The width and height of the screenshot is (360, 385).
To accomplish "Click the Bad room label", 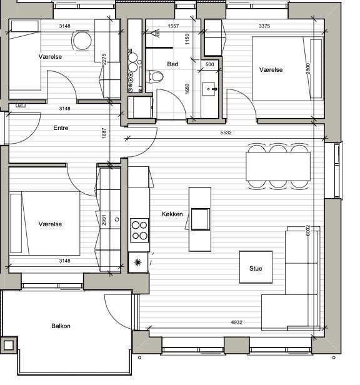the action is [x=172, y=64].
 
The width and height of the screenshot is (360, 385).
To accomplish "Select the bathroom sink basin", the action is [x=209, y=89].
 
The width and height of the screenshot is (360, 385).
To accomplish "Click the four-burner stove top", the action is [x=139, y=230].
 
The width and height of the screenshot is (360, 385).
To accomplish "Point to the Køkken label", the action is [x=172, y=214].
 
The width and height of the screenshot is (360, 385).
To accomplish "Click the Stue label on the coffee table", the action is [x=256, y=268].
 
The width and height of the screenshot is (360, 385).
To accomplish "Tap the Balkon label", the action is [x=61, y=326].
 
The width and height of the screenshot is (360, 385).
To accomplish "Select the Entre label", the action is [x=61, y=127].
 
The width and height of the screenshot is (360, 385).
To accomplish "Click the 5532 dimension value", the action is [x=226, y=132].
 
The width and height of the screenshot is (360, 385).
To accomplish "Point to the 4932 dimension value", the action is [x=237, y=322].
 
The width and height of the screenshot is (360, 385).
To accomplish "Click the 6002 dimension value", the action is [x=308, y=231].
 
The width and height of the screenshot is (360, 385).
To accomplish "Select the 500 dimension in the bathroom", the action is [x=210, y=64].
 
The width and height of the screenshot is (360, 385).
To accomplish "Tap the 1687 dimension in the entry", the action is [x=104, y=133].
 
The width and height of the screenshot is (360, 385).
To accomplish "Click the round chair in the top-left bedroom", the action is [x=82, y=41].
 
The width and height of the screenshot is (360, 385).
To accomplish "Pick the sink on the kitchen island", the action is [x=201, y=219].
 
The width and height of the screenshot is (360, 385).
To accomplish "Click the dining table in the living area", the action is [x=278, y=166].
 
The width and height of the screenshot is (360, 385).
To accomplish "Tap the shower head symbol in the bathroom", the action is [x=155, y=33].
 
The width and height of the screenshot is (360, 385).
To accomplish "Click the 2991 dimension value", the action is [x=104, y=220].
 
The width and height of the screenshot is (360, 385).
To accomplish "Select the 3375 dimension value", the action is [x=264, y=26].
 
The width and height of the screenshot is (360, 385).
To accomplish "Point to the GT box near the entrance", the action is [x=21, y=106].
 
